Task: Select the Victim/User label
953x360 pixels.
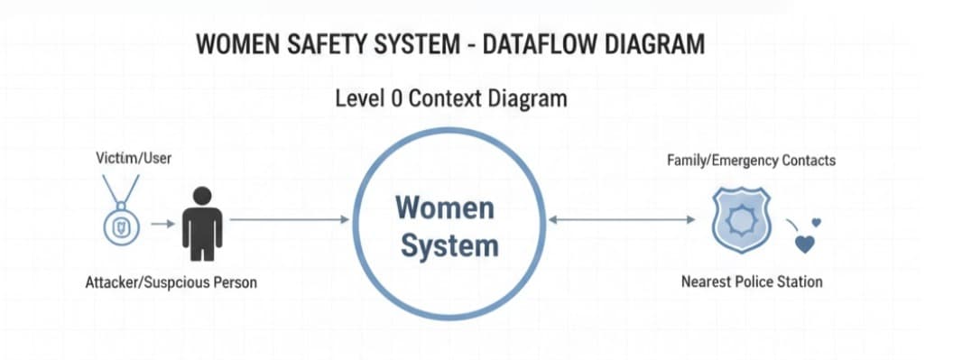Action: coord(134,159)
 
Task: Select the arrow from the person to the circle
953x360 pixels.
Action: coord(289,219)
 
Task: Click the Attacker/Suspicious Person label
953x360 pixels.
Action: coord(171,282)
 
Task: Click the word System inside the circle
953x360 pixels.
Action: coord(449,245)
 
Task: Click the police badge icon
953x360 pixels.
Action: coord(739,219)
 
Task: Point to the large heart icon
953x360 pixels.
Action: coord(806,243)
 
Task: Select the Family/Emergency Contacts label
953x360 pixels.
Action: coord(751,160)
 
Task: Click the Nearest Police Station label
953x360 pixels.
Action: coord(752,282)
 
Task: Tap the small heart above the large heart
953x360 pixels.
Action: coord(817,222)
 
